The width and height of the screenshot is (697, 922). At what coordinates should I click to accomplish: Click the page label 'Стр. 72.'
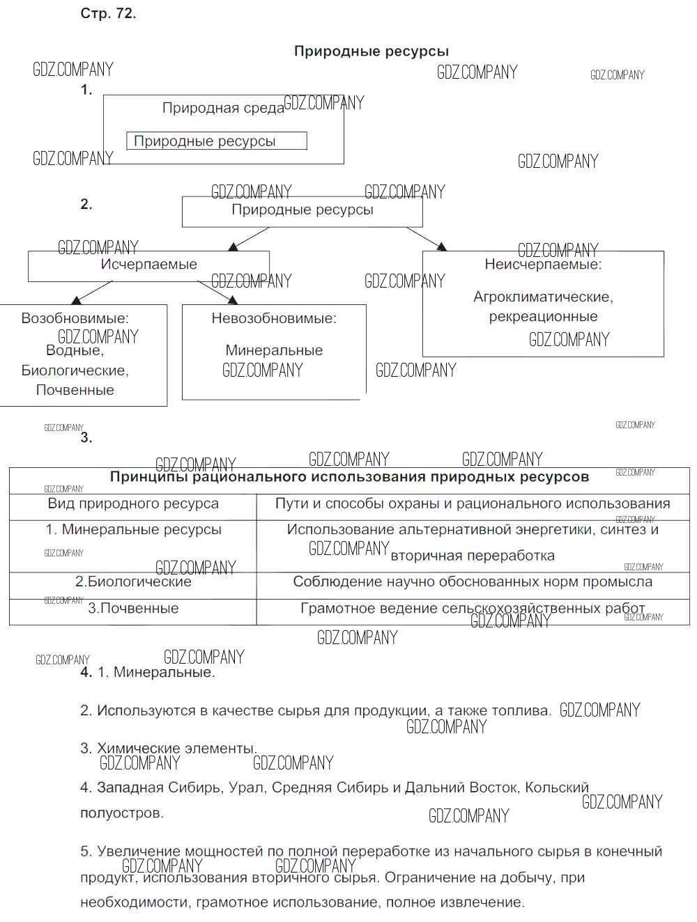(108, 14)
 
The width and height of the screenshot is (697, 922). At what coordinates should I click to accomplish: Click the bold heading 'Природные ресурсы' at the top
(371, 51)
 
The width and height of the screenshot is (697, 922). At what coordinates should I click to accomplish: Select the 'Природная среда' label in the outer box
(223, 108)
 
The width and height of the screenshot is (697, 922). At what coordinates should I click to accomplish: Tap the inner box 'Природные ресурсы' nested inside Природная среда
(216, 141)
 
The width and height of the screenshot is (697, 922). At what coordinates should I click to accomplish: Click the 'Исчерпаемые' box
(148, 265)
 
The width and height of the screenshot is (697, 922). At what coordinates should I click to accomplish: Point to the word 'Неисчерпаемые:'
(543, 265)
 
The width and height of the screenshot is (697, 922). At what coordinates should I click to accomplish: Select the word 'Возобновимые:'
(75, 319)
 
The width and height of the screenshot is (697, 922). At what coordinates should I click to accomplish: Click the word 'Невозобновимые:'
(274, 319)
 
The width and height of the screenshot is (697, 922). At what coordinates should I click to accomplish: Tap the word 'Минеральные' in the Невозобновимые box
(274, 350)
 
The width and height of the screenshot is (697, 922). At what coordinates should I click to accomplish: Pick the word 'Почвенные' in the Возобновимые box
(75, 390)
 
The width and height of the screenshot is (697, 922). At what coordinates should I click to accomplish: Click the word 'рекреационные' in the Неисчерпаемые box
(543, 317)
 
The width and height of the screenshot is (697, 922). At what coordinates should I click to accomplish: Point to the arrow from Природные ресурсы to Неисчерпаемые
(427, 238)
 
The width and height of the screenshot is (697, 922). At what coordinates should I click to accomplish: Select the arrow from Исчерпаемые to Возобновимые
(91, 292)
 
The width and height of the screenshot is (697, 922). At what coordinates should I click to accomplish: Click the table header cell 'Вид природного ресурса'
(133, 503)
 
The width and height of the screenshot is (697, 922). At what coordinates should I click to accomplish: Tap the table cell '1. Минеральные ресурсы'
(133, 530)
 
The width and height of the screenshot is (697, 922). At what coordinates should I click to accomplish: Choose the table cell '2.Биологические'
(133, 582)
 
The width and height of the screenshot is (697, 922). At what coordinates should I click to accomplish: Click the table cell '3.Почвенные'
(133, 609)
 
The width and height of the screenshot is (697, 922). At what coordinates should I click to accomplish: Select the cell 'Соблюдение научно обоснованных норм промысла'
(473, 582)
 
